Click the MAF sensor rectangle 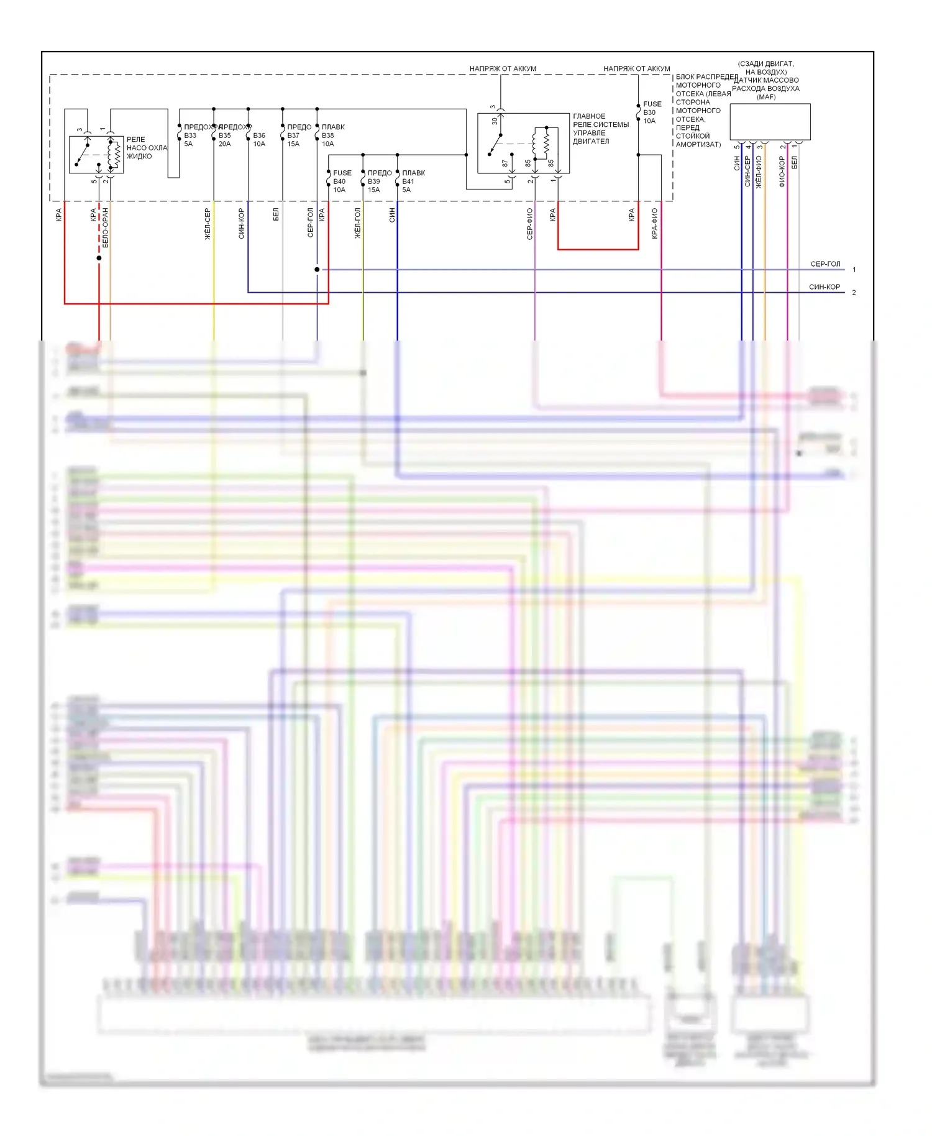tap(770, 121)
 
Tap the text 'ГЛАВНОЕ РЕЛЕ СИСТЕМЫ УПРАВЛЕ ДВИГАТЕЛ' tap(600, 129)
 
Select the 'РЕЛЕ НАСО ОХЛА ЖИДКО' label tap(147, 148)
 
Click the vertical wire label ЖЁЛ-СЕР tap(208, 224)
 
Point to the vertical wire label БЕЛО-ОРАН tap(105, 228)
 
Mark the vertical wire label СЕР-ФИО tap(529, 224)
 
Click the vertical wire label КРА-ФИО tap(654, 224)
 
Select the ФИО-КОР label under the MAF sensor tap(782, 172)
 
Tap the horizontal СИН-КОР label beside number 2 tap(824, 287)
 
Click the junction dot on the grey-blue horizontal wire tap(317, 270)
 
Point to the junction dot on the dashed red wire tap(99, 258)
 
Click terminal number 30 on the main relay tap(495, 121)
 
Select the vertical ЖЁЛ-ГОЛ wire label tap(357, 224)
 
